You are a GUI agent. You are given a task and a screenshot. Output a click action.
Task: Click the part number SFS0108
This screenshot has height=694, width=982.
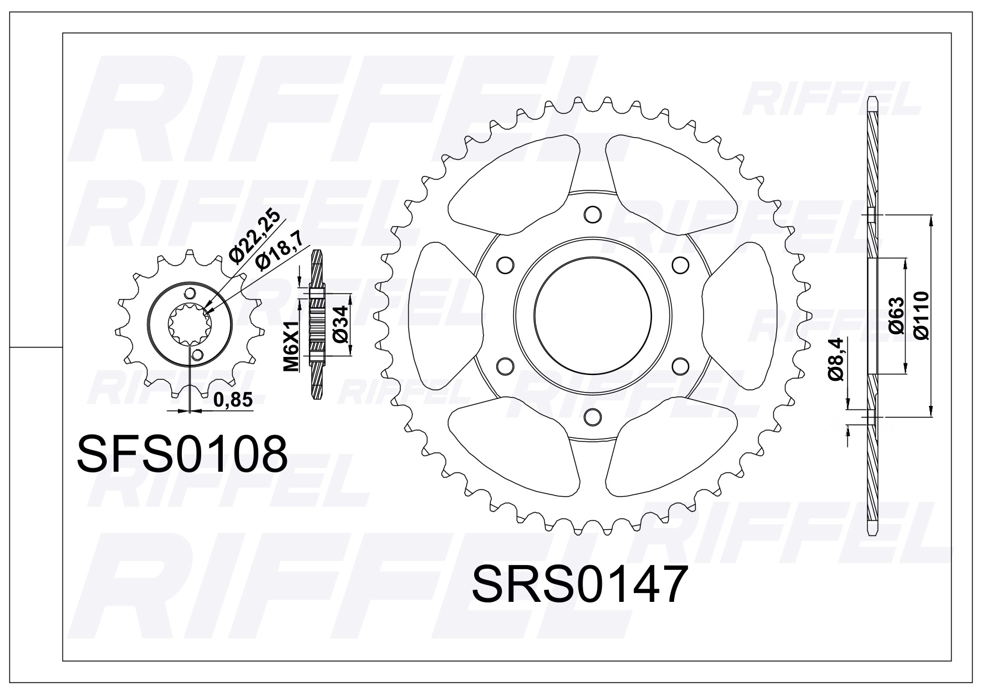[x=182, y=454]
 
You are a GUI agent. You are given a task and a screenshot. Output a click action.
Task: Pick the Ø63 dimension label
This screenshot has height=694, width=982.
[x=897, y=315]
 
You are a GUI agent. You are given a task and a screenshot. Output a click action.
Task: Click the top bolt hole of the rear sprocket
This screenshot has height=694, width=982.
[x=592, y=214]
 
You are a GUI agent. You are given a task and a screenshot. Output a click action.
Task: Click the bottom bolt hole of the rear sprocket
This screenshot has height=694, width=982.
[x=592, y=416]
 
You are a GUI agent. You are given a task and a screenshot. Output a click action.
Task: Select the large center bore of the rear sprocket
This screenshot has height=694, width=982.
[x=592, y=316]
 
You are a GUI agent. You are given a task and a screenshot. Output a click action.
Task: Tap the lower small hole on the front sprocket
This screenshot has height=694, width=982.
[x=198, y=355]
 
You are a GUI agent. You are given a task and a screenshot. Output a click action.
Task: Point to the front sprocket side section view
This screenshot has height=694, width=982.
[x=317, y=324]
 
